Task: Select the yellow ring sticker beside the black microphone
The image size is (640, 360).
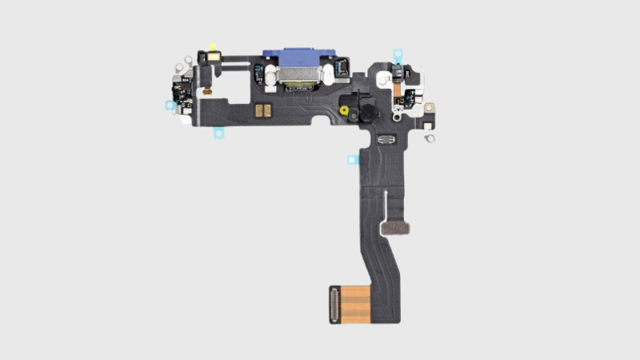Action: coord(344,109)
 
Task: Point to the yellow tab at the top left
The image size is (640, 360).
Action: coord(212,47)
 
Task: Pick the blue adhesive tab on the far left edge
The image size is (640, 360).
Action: coord(170,105)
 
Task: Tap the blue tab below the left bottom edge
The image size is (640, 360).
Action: coord(217,134)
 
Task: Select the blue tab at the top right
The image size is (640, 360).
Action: coord(398,54)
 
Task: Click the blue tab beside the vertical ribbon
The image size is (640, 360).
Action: coord(350,159)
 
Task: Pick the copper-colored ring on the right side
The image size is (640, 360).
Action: coord(430,106)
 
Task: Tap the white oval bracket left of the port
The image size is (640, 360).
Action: coord(269,78)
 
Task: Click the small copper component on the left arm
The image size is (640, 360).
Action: coord(206,92)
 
